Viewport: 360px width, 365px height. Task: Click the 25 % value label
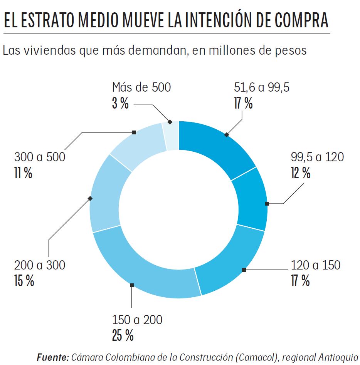[x=123, y=336]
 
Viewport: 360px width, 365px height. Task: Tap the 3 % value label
[x=120, y=104]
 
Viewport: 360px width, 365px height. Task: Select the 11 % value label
[x=23, y=173]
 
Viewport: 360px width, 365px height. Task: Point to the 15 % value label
[x=24, y=281]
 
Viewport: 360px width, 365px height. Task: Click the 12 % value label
[x=301, y=173]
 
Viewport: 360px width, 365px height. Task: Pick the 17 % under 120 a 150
[x=301, y=281]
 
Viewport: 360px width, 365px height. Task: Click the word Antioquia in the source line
[x=339, y=357]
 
